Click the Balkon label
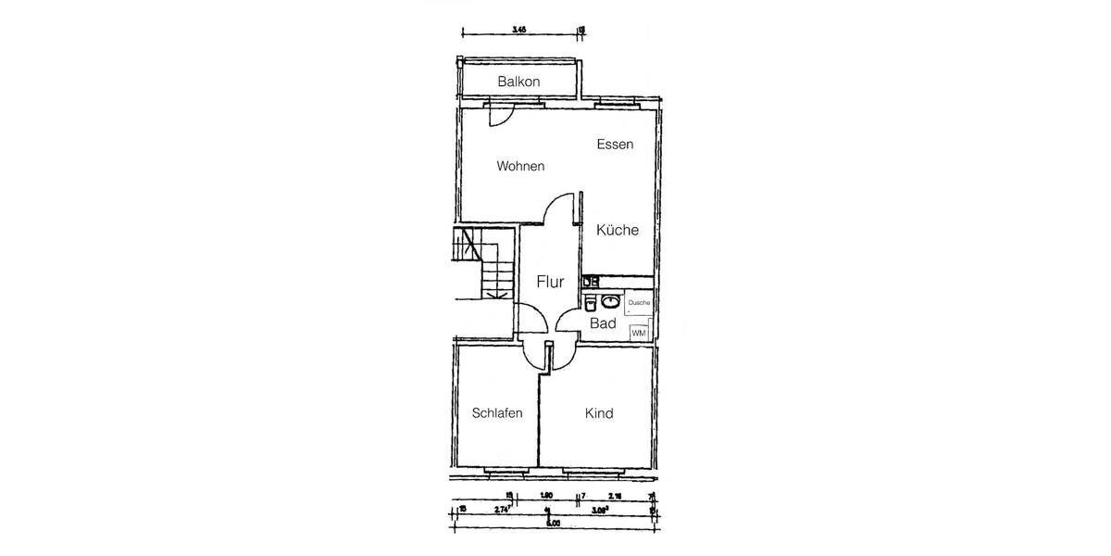click(518, 82)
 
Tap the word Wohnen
click(520, 167)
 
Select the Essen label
click(615, 145)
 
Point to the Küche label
click(618, 231)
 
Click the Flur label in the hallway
click(551, 283)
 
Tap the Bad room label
click(603, 323)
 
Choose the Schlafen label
click(497, 413)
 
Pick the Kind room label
click(599, 413)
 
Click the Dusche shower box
click(639, 304)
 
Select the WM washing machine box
click(638, 332)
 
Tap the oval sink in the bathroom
click(611, 301)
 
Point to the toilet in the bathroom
click(590, 300)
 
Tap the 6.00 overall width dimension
click(553, 524)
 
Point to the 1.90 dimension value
click(546, 497)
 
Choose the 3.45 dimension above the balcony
click(519, 30)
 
